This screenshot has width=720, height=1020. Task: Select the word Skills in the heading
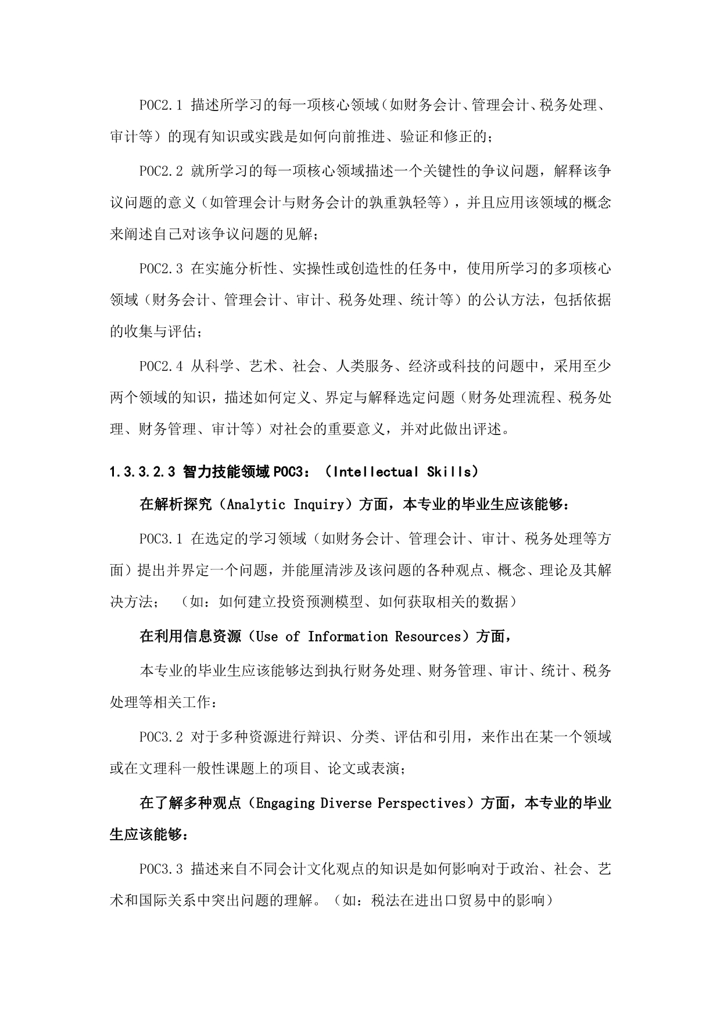pos(449,472)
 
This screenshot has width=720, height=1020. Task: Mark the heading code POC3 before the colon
pos(288,472)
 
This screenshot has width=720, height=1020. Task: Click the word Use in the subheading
pos(267,637)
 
